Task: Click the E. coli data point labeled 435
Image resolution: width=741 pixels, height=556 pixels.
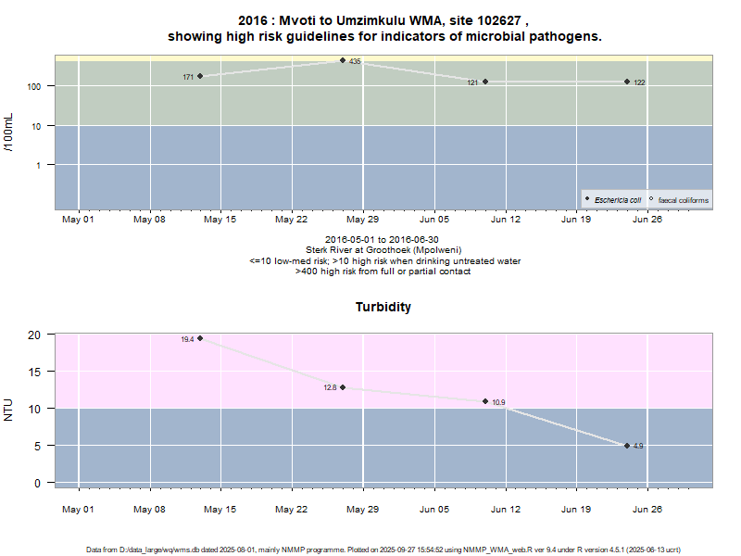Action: [343, 60]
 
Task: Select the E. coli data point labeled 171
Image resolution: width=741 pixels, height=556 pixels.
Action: [200, 76]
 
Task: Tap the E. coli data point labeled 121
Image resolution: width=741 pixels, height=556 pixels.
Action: [485, 82]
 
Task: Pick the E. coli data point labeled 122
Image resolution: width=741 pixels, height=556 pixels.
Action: [627, 82]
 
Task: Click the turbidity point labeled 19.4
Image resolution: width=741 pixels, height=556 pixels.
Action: [200, 338]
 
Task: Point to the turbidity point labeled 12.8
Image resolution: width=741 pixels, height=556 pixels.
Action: [343, 387]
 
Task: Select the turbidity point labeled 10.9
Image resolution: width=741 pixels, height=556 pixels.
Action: [485, 401]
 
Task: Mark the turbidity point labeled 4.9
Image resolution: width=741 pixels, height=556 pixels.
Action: [627, 446]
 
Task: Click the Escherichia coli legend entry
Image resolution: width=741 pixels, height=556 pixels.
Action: [617, 199]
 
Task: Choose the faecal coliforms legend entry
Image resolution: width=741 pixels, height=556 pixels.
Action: [682, 199]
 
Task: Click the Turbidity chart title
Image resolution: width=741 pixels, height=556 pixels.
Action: [383, 307]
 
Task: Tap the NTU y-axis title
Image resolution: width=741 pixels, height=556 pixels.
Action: [9, 409]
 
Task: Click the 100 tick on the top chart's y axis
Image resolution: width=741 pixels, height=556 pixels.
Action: [39, 86]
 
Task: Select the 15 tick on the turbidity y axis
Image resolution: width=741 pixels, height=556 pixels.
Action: [37, 372]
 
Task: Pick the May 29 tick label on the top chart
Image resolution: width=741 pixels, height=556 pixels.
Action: [361, 220]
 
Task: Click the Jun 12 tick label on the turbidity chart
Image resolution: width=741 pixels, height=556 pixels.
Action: [505, 509]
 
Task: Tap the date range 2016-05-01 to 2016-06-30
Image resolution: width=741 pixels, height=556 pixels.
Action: [383, 240]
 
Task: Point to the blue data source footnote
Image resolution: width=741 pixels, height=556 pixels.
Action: [383, 550]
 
